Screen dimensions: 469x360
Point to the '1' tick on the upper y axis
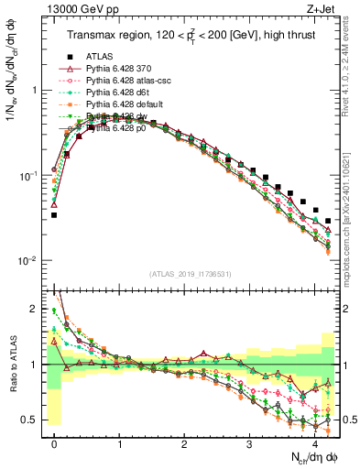[x=36, y=91]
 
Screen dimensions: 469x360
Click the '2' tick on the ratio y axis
[x=36, y=309]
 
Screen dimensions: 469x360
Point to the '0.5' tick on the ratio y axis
[x=32, y=420]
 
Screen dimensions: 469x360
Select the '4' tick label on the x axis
[x=314, y=442]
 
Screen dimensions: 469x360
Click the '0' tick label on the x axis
[x=54, y=442]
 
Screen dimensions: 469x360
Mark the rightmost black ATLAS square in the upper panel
[x=328, y=221]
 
